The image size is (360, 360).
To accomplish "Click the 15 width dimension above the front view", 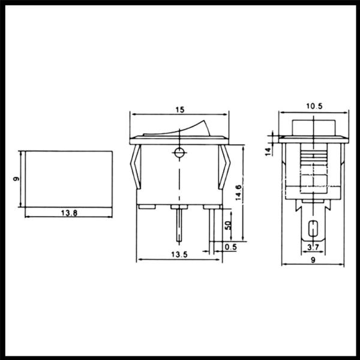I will (x=179, y=109).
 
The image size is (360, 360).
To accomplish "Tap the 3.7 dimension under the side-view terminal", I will (x=313, y=247).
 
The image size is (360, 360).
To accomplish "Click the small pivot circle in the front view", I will (x=178, y=152).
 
